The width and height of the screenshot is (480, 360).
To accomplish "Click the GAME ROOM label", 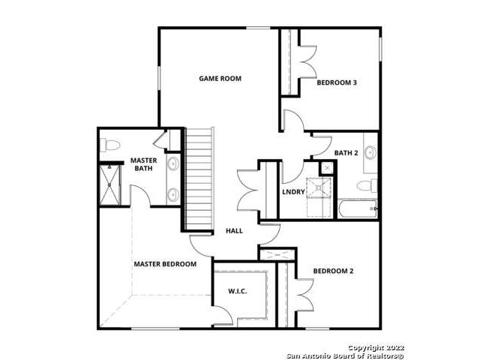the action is pos(220,78).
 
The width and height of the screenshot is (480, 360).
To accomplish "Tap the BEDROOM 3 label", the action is pos(337,82).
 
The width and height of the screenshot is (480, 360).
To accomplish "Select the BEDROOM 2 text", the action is pos(333,271).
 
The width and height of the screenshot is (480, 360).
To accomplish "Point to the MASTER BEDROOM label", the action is pos(165,264).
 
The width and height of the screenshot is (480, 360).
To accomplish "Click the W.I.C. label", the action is pos(238,291).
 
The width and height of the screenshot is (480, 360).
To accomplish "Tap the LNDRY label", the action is pos(293,192).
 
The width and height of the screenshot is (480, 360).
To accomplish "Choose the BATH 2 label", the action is pos(346,153).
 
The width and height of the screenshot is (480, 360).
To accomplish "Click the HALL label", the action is pos(234,231).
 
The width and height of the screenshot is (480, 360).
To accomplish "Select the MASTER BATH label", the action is pos(143,164).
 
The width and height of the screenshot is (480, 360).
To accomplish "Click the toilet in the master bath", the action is pos(110,145).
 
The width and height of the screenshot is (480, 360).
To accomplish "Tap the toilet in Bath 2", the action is pos(367,185).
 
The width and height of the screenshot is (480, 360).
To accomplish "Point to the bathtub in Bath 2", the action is pos(358,208).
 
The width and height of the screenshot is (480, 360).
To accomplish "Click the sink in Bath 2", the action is pos(370,152).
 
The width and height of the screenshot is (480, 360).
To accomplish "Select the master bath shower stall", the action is pos(110,185).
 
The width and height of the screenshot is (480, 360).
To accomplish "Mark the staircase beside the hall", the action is pos(199,178).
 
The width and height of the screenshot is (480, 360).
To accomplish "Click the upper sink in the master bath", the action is pos(173,163).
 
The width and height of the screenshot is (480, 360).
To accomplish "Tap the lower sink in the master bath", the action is pos(173,194).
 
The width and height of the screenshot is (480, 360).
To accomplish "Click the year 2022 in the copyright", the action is pos(394,348).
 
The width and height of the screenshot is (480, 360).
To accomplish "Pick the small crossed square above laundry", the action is pos(327,167).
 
